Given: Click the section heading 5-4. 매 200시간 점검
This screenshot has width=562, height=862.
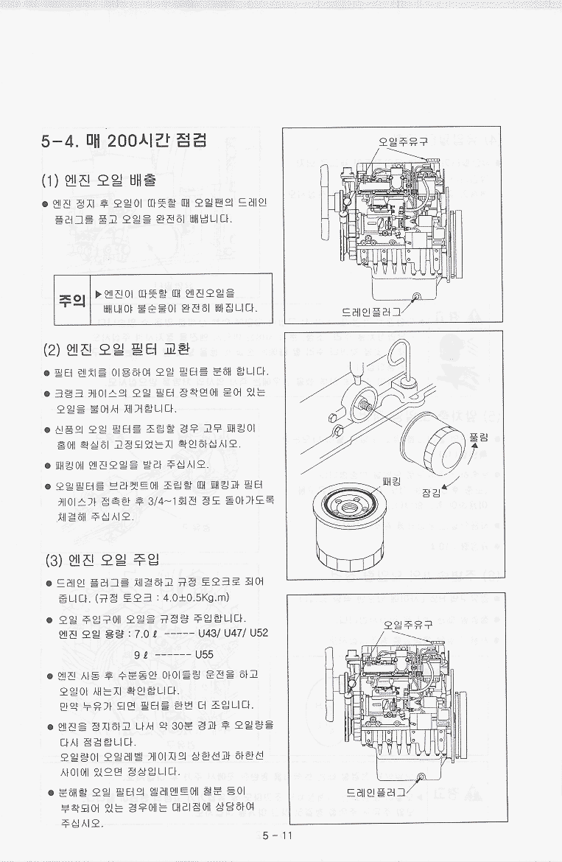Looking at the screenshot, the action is [x=124, y=141].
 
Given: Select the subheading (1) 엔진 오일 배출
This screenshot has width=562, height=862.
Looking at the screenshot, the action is [x=99, y=180].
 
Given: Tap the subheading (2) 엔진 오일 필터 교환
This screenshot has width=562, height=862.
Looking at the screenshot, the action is [x=116, y=348].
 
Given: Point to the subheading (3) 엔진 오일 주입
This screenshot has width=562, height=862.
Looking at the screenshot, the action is [x=102, y=560].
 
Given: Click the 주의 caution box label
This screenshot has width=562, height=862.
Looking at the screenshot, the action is [x=72, y=300].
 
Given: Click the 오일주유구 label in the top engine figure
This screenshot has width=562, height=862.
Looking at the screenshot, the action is [x=403, y=141].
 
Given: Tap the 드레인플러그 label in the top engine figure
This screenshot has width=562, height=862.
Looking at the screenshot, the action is [x=370, y=312].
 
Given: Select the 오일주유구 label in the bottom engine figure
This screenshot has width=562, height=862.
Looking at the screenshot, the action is [x=407, y=625].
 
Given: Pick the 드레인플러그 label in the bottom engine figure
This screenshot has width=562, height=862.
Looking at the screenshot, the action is [x=376, y=792].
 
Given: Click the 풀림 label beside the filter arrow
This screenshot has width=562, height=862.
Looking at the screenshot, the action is [x=479, y=438].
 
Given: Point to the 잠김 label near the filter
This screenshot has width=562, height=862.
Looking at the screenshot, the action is [x=431, y=493].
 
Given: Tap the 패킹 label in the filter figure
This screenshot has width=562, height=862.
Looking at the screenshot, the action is [x=392, y=482].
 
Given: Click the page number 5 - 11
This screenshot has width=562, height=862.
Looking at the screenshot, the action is [x=278, y=836].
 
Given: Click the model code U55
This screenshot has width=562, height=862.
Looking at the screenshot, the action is [x=204, y=654].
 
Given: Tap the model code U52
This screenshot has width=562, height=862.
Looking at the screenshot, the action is [x=259, y=632].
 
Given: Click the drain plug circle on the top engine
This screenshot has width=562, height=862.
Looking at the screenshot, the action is [x=416, y=297].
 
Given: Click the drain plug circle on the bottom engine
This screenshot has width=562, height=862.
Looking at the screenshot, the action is [x=421, y=777].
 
